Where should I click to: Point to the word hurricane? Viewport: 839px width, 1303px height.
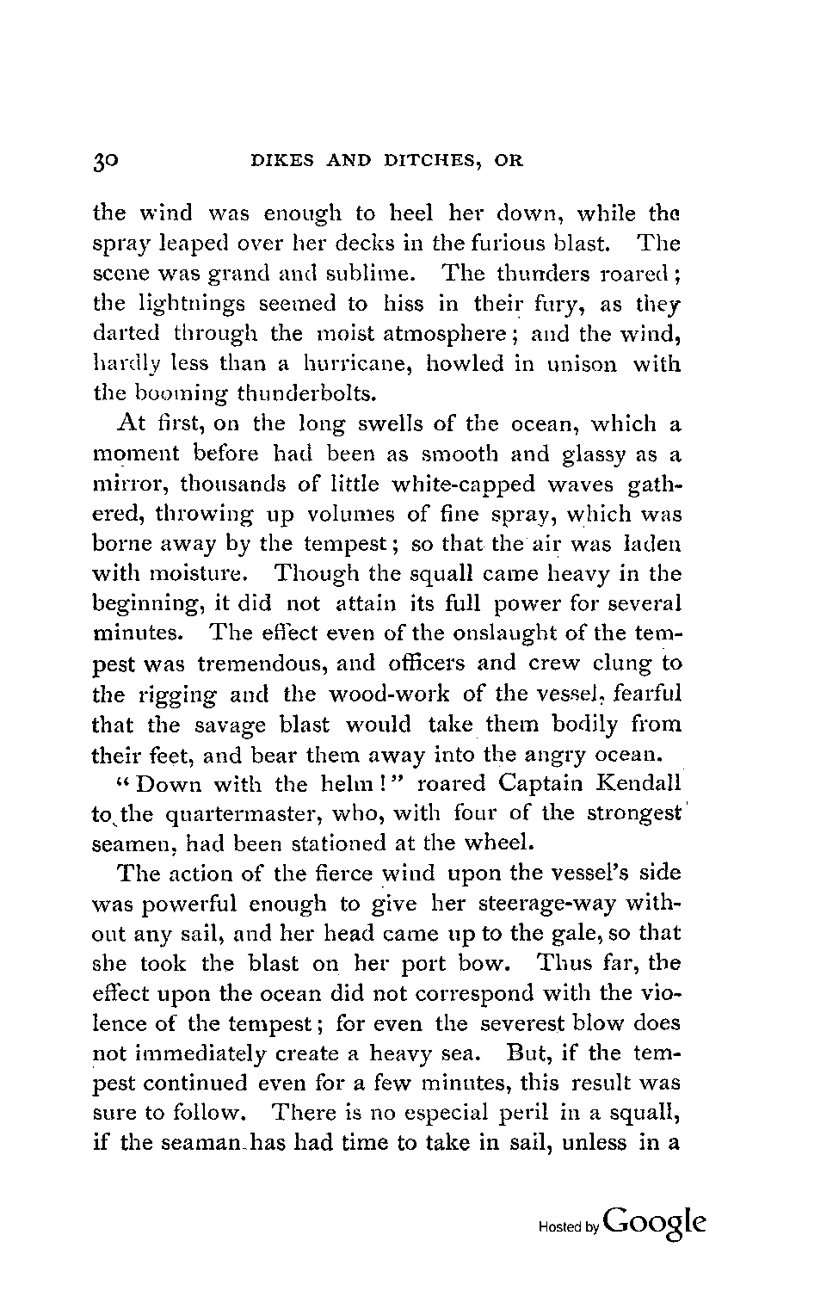pos(349,364)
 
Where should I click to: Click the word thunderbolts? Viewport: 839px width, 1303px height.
pos(305,394)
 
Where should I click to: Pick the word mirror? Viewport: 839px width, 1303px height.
pos(121,484)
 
